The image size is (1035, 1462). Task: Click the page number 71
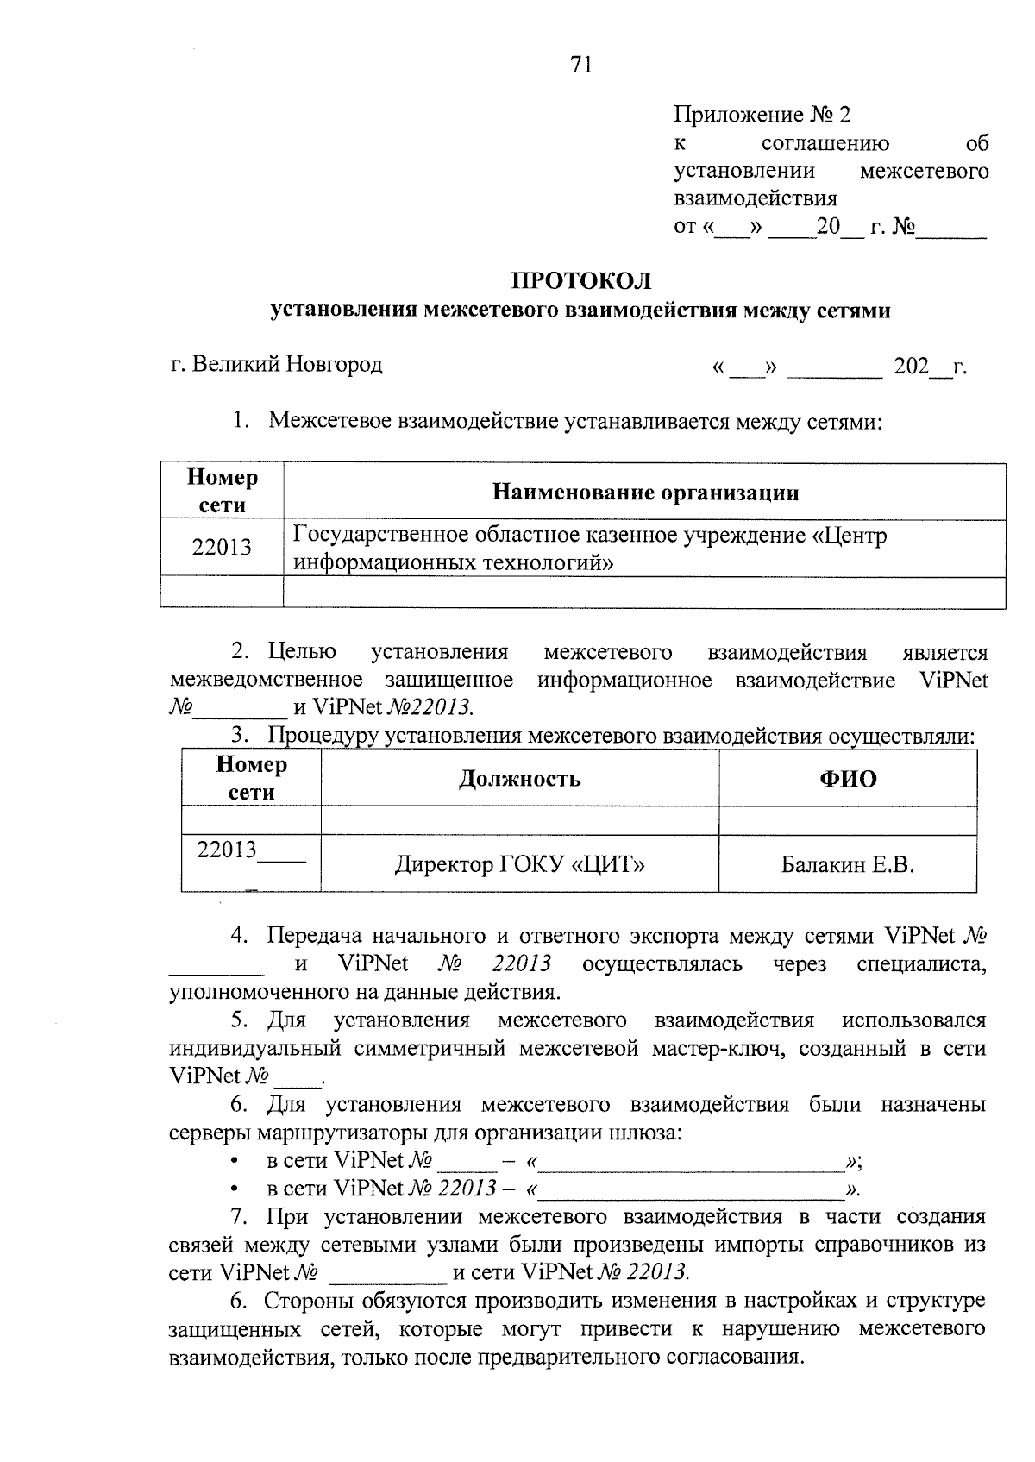click(x=580, y=65)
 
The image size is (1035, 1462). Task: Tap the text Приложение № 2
click(x=761, y=115)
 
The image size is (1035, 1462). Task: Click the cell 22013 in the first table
click(x=222, y=548)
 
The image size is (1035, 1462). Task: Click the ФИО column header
click(x=847, y=779)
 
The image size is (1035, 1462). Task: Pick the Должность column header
click(x=518, y=779)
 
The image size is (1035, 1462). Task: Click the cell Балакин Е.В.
click(x=847, y=863)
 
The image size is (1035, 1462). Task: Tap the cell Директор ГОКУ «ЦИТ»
click(x=519, y=863)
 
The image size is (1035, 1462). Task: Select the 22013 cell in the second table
click(x=228, y=850)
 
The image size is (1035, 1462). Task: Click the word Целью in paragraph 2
click(x=302, y=652)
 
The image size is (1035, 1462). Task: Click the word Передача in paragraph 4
click(x=313, y=936)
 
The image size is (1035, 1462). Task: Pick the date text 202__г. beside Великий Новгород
click(x=930, y=367)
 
